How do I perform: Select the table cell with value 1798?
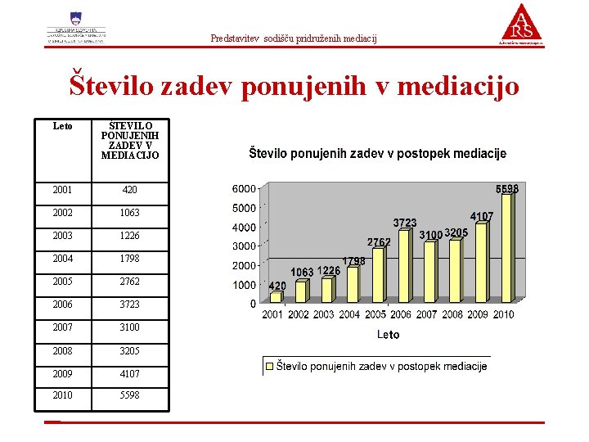[x=130, y=259]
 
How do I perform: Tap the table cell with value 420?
[x=130, y=190]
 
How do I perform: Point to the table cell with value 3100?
[x=130, y=327]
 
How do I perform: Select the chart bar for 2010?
[x=506, y=247]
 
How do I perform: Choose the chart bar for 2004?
[x=353, y=285]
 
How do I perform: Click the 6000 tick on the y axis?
[x=243, y=188]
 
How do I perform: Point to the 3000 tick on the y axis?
[x=243, y=246]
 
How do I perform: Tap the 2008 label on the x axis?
[x=452, y=314]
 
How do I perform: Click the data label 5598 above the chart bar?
[x=507, y=188]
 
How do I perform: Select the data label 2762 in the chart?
[x=379, y=241]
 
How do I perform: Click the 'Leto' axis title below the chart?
[x=389, y=334]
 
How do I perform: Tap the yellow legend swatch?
[x=269, y=366]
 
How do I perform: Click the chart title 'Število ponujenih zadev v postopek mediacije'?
[x=377, y=153]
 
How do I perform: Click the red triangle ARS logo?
[x=521, y=23]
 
